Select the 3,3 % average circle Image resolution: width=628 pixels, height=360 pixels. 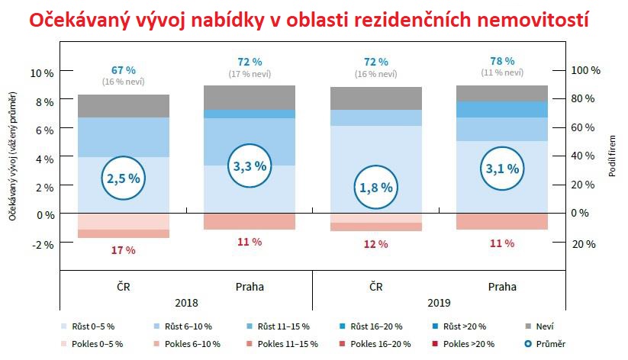click(249, 166)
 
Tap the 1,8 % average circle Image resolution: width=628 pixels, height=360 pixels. click(375, 186)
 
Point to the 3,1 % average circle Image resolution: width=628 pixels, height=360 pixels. click(502, 168)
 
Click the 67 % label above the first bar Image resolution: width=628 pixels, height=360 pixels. click(123, 70)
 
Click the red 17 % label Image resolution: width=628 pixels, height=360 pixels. click(123, 250)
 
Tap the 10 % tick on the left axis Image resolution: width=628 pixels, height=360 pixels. click(42, 72)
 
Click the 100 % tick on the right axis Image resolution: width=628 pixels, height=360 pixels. click(586, 70)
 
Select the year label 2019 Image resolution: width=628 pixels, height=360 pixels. click(439, 301)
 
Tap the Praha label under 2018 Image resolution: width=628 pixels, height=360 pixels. click(249, 288)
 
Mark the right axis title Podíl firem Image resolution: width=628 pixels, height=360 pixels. click(612, 157)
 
